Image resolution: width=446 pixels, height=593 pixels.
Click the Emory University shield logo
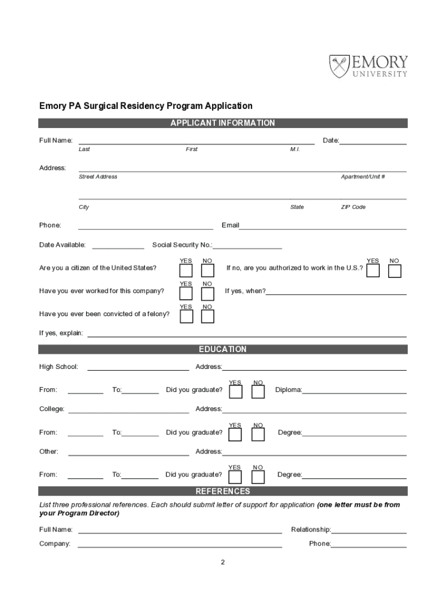[x=340, y=66]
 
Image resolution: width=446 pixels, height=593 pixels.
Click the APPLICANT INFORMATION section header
[x=222, y=123]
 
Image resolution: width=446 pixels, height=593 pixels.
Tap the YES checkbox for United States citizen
[x=186, y=270]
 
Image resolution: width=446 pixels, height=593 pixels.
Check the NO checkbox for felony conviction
[x=207, y=316]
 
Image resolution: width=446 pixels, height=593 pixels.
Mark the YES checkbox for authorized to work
[x=373, y=270]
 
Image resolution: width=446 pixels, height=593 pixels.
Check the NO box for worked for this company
[x=207, y=294]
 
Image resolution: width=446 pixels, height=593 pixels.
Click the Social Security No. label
[x=182, y=245]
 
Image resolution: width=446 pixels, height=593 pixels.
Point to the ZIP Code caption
[x=353, y=207]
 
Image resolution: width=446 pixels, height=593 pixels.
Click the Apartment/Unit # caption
[x=363, y=177]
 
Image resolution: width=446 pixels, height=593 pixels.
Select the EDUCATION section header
[x=222, y=350]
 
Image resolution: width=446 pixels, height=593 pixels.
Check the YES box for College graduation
[x=235, y=434]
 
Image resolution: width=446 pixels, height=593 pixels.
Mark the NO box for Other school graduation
[x=258, y=477]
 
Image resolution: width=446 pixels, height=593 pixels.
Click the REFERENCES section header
[x=222, y=492]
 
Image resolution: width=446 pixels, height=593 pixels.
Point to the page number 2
[x=222, y=562]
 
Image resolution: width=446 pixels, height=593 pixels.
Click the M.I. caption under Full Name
[x=295, y=149]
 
